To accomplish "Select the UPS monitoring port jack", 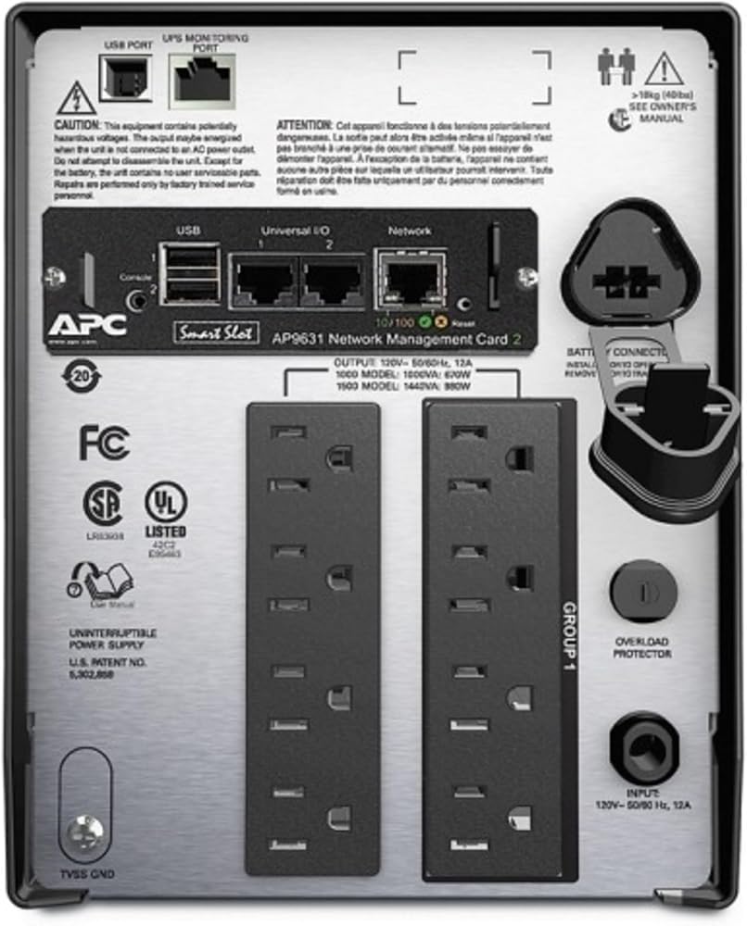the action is pyautogui.click(x=201, y=81).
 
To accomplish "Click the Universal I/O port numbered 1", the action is pyautogui.click(x=262, y=281).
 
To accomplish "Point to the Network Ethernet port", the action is pyautogui.click(x=411, y=278).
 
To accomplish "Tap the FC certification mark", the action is pyautogui.click(x=104, y=444).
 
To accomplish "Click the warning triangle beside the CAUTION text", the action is pyautogui.click(x=76, y=97).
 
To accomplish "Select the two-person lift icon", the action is pyautogui.click(x=615, y=67).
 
